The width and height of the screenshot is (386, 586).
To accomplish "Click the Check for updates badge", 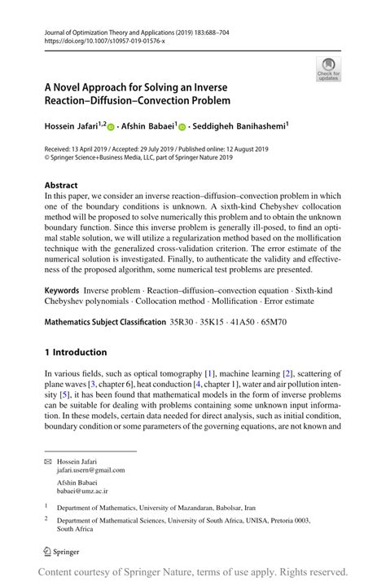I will click(329, 68).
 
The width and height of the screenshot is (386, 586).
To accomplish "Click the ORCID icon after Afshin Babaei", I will click(182, 127).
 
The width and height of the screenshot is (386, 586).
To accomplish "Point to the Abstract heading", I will click(61, 185).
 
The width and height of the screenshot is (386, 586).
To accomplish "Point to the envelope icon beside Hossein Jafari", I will click(49, 460).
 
